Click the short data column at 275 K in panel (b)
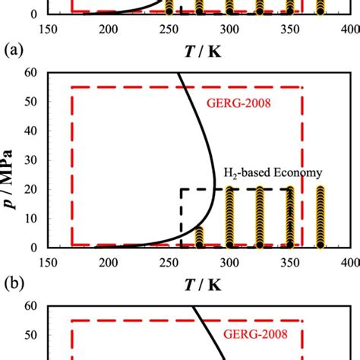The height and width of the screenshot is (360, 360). [199, 237]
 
